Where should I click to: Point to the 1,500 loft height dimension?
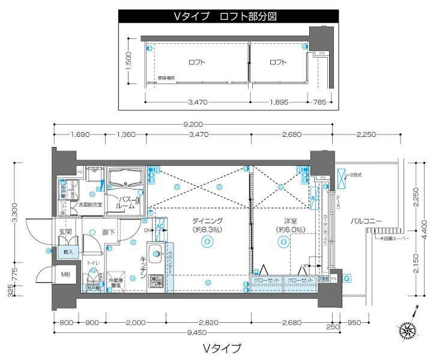(x=128, y=61)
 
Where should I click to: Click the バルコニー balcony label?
(x=367, y=221)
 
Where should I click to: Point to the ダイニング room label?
(x=208, y=221)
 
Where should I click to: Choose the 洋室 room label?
(x=283, y=221)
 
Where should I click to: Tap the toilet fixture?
(x=93, y=277)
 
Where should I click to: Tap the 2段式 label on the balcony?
(x=356, y=175)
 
